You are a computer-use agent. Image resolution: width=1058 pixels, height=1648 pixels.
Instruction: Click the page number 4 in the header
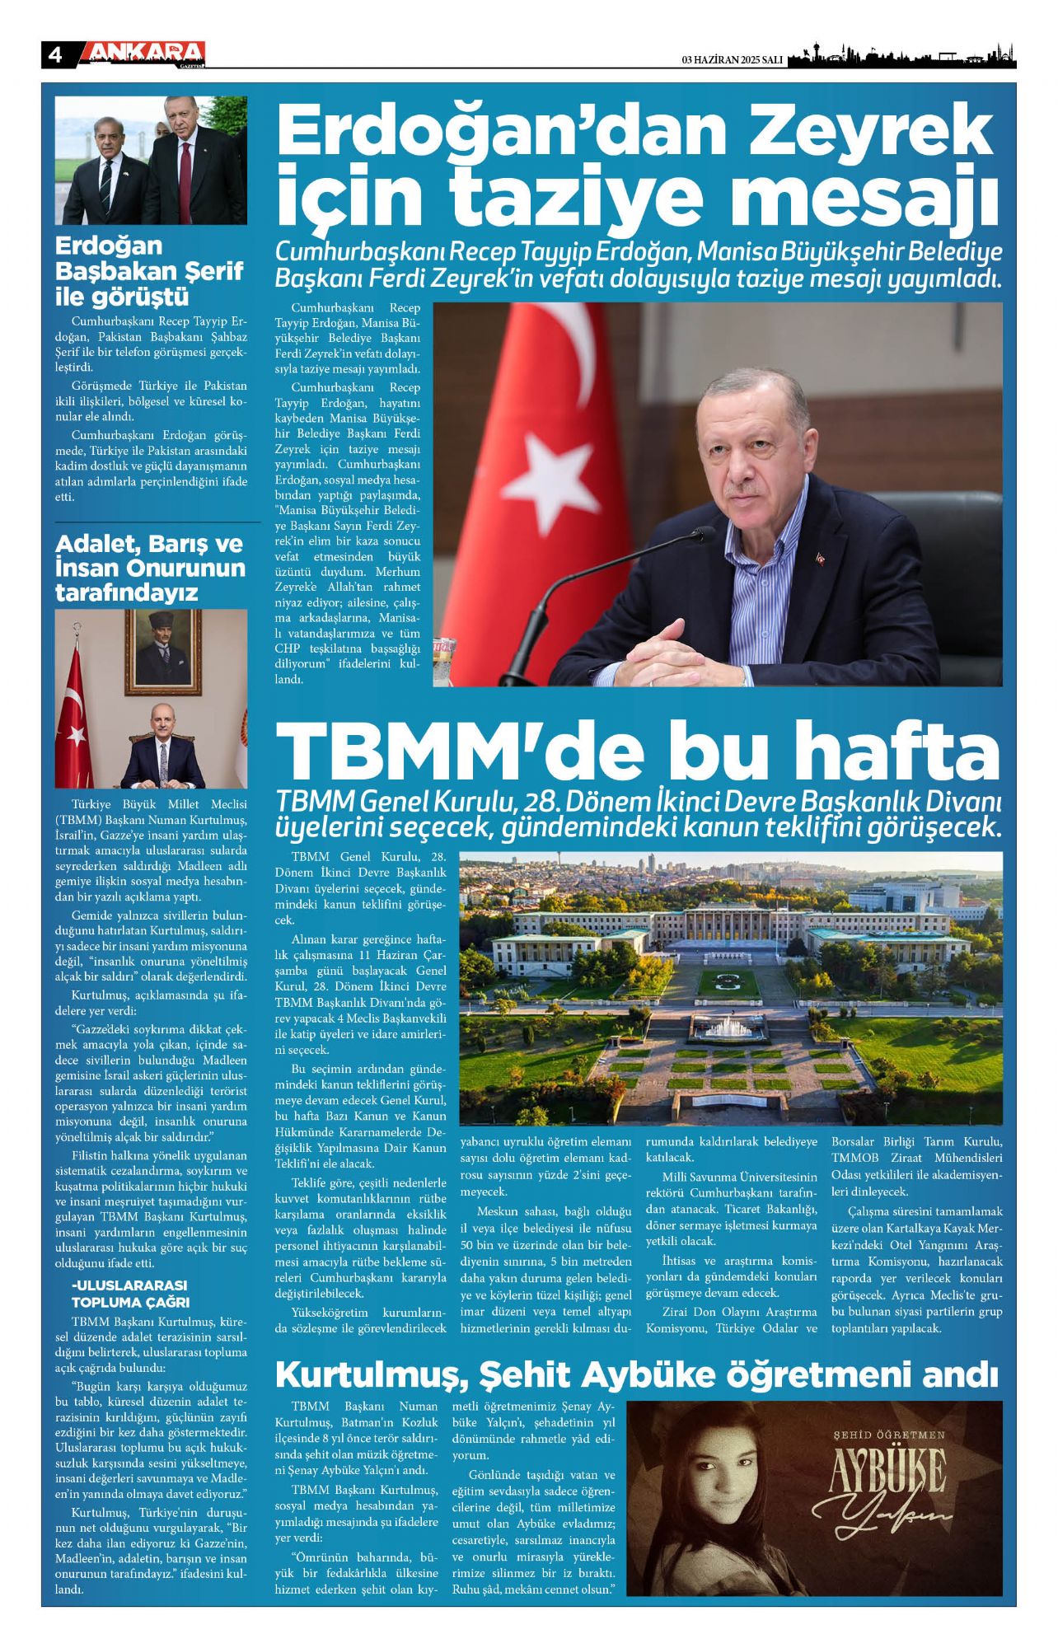pos(55,55)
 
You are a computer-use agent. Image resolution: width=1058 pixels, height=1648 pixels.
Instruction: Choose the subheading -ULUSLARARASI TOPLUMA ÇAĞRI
pos(130,1294)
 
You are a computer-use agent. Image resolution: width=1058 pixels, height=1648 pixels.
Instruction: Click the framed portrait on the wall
pos(162,652)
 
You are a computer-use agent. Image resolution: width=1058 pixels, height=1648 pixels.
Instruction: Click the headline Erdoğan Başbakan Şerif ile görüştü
pos(148,271)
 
